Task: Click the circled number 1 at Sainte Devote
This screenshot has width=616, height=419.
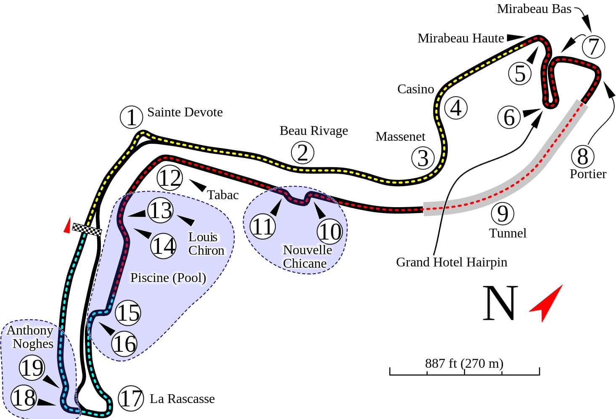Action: pyautogui.click(x=132, y=117)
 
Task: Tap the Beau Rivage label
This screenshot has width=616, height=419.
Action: pyautogui.click(x=314, y=131)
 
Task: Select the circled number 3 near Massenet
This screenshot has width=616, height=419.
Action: pyautogui.click(x=423, y=158)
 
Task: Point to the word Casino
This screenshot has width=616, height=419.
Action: pyautogui.click(x=415, y=89)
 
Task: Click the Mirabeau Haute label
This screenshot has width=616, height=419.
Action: pyautogui.click(x=460, y=38)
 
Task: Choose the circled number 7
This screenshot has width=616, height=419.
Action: pyautogui.click(x=593, y=46)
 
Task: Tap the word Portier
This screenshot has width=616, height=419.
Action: pyautogui.click(x=588, y=174)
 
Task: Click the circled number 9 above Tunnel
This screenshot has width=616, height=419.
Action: pyautogui.click(x=502, y=213)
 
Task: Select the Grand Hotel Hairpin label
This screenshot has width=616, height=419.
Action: pyautogui.click(x=452, y=262)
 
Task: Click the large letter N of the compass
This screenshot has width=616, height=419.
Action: pyautogui.click(x=500, y=303)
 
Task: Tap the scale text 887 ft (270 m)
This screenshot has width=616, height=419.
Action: pyautogui.click(x=464, y=363)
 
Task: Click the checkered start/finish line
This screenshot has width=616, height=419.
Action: pyautogui.click(x=87, y=229)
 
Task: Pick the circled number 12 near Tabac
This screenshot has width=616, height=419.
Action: pyautogui.click(x=170, y=178)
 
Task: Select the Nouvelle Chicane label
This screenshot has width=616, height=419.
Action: pyautogui.click(x=307, y=256)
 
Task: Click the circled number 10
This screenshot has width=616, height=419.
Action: pyautogui.click(x=330, y=232)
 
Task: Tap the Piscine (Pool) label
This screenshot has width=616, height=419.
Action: pyautogui.click(x=168, y=278)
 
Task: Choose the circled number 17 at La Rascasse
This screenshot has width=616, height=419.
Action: pyautogui.click(x=131, y=398)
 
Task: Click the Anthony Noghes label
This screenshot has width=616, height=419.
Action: pyautogui.click(x=30, y=337)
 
